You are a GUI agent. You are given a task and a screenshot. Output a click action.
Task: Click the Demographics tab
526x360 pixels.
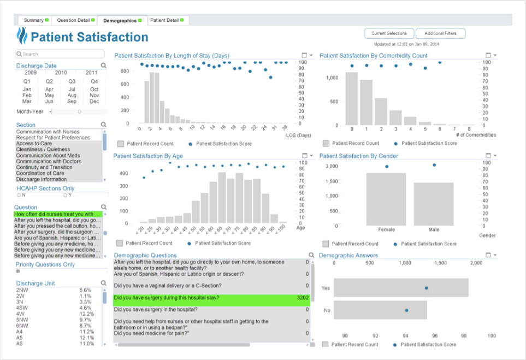(120, 20)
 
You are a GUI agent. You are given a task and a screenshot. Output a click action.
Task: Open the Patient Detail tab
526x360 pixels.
(165, 20)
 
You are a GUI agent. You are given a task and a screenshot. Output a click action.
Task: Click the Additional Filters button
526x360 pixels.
(440, 33)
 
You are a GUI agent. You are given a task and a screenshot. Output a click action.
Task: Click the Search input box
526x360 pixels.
(60, 54)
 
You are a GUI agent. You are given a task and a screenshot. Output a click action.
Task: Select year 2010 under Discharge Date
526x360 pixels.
(61, 73)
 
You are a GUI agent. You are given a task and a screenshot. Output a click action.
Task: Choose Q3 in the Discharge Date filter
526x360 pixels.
(72, 81)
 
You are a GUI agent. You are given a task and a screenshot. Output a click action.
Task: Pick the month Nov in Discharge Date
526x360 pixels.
(94, 95)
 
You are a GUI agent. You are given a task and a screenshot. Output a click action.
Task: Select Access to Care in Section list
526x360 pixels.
(34, 144)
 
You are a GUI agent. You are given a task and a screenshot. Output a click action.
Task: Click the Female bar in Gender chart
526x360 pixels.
(386, 199)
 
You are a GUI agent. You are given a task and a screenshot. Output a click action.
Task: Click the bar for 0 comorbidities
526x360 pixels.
(352, 99)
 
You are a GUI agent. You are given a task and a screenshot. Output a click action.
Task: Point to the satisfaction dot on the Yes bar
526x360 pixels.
(426, 288)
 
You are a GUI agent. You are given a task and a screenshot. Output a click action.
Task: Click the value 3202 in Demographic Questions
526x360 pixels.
(302, 298)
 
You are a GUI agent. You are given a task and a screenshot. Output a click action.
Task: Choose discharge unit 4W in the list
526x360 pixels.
(21, 314)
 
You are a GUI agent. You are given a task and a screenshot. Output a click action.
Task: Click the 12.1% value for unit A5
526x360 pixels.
(86, 338)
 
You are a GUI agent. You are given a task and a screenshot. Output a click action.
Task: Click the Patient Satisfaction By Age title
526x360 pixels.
(148, 156)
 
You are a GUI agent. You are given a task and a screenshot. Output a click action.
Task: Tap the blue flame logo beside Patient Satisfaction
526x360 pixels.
(22, 36)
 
